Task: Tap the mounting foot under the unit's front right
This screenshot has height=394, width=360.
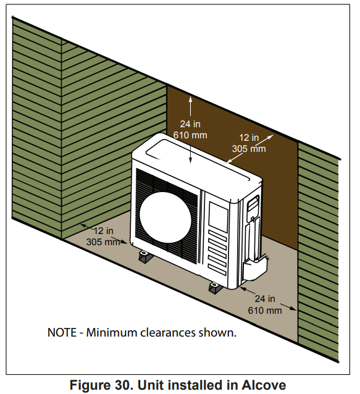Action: [x=216, y=288]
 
